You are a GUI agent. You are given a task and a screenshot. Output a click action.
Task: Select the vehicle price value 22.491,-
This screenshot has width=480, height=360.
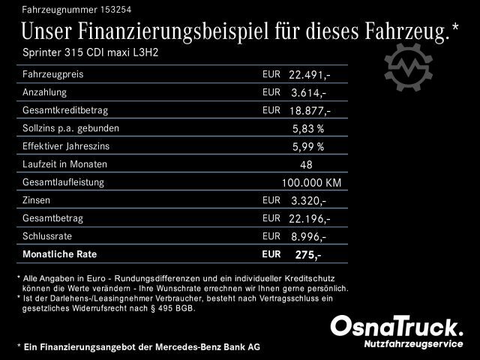point(309,75)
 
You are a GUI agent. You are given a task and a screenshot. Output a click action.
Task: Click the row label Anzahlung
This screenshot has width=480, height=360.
point(45,92)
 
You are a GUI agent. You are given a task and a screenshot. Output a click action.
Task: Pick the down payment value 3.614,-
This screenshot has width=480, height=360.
point(307,93)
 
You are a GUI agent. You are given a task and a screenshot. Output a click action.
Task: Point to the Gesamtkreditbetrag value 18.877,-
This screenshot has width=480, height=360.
point(309,111)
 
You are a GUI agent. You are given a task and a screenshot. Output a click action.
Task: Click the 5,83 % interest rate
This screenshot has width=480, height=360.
point(307,129)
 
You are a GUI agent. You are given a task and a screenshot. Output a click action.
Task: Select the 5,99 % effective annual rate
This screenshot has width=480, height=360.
point(307,147)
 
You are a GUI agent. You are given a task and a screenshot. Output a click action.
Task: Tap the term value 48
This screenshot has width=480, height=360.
point(306,165)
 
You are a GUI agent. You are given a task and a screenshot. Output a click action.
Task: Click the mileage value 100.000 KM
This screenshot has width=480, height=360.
point(311,183)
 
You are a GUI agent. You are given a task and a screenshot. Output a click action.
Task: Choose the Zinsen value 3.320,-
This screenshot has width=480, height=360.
point(307,201)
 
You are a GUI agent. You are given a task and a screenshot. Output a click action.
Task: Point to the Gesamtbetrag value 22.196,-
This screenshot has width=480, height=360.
point(309,219)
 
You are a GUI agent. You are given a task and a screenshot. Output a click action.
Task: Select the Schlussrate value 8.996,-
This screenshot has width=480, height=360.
point(307,237)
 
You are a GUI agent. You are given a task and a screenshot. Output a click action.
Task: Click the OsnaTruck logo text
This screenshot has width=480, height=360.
point(397,326)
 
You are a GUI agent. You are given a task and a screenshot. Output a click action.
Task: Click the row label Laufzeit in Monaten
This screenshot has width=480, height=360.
point(65,164)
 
